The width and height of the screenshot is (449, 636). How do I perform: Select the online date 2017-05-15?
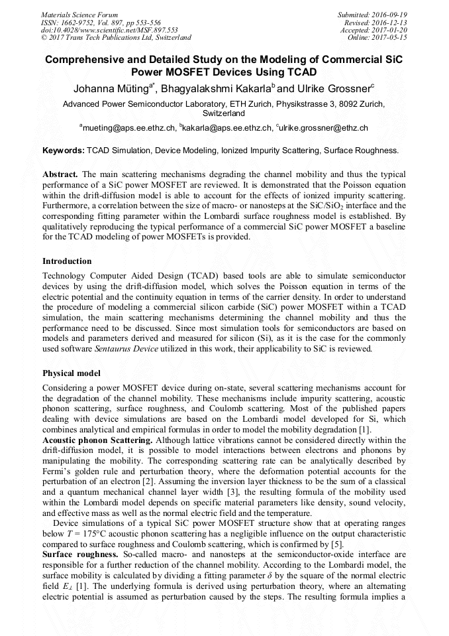tap(391, 37)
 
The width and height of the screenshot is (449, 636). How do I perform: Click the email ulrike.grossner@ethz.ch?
tap(324, 127)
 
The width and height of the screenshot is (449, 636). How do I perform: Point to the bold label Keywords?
tap(64, 151)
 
